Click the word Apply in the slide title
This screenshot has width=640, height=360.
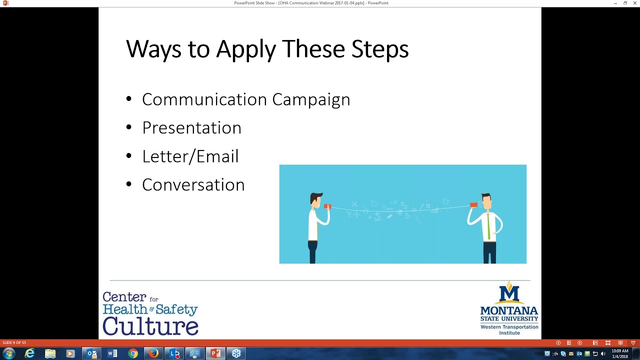coord(245,49)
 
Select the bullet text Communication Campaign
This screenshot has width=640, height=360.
coord(245,99)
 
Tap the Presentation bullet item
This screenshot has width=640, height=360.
coord(191,128)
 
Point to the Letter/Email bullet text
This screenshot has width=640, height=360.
coord(190,156)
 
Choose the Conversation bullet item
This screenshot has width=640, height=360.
coord(193,185)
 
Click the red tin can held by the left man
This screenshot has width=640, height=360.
coord(327,206)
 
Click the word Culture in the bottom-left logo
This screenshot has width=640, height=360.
coord(150,325)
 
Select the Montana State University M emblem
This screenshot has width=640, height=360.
coord(509,293)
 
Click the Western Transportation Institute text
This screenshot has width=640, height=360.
coord(509,330)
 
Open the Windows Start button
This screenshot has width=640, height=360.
coord(8,353)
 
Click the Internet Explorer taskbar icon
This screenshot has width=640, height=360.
coord(30,353)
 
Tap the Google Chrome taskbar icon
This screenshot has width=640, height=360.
coord(133,353)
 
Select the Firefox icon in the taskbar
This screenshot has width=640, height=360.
coord(153,353)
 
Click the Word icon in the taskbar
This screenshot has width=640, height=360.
coord(112,353)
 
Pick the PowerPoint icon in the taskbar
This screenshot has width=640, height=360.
coord(215,353)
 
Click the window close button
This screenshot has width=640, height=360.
coord(634,3)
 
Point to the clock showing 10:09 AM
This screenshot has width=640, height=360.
coord(619,351)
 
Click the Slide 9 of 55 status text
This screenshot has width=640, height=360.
coord(14,342)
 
